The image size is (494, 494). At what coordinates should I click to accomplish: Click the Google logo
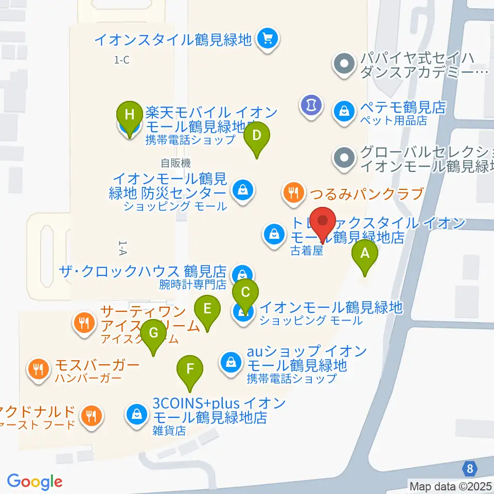point(34,481)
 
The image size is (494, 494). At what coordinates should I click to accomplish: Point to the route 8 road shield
point(469,469)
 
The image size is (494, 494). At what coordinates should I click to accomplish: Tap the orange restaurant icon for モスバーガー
point(38,368)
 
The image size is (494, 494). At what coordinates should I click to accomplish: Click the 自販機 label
point(175,163)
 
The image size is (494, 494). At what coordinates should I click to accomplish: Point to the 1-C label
point(121,60)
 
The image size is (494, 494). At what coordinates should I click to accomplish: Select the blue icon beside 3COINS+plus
point(137,413)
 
